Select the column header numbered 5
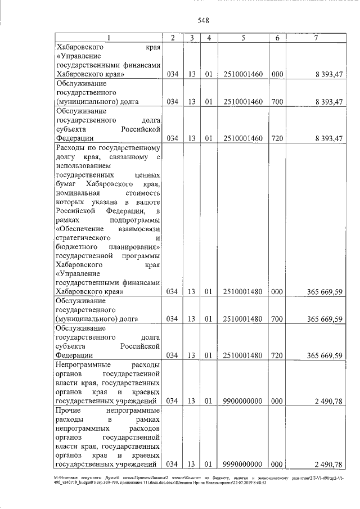(x=243, y=38)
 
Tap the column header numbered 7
(x=317, y=38)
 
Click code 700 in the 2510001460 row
(x=277, y=102)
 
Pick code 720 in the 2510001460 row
(x=277, y=138)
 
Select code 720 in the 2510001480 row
(x=277, y=355)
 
